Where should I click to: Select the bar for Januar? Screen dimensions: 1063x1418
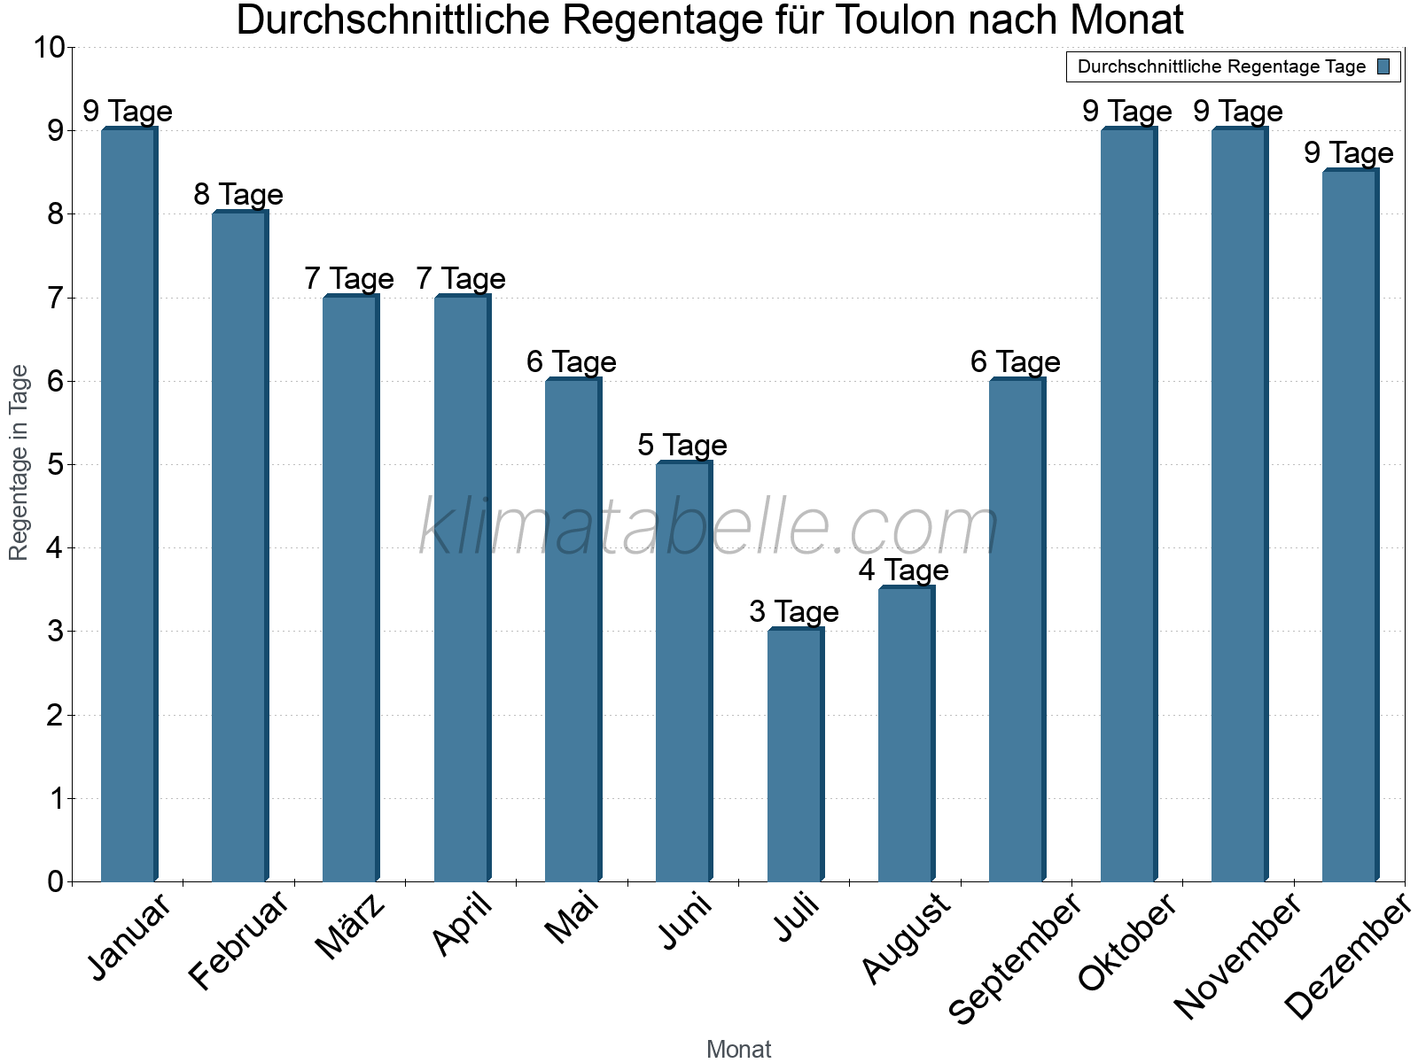point(129,505)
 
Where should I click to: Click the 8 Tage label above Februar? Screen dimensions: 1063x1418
point(238,195)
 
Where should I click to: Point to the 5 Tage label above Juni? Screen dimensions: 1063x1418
point(682,446)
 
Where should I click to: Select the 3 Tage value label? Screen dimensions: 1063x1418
point(794,612)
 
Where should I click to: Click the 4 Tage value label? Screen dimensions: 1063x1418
point(904,570)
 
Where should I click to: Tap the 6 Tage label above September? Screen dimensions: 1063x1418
point(1016,362)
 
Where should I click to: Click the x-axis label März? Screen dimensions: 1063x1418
point(351,927)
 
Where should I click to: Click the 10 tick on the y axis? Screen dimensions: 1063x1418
point(49,48)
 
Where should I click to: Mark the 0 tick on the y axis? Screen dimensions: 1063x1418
point(56,881)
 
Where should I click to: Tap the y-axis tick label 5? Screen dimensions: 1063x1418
point(56,465)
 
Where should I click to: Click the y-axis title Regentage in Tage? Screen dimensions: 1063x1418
point(19,462)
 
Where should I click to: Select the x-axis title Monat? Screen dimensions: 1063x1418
point(738,1049)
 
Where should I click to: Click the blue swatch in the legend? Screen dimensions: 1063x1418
point(1384,66)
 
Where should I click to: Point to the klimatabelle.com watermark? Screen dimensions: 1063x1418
point(709,528)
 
